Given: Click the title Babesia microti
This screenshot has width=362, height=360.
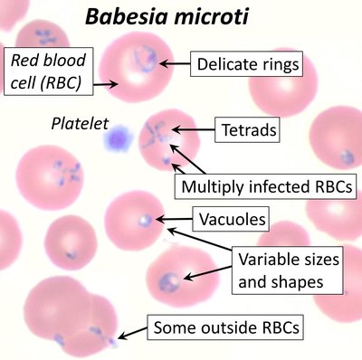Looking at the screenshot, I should pos(165,17).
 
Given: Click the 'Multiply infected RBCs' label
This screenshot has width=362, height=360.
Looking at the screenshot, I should pos(265,187).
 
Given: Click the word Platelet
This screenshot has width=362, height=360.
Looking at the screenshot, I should pos(79,121).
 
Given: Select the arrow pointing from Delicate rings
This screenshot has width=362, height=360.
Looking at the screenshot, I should pos(176,63).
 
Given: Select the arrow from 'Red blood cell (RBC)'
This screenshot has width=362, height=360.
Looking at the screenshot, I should pos(101,82).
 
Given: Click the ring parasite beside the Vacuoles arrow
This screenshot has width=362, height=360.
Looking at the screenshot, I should pos(146,219).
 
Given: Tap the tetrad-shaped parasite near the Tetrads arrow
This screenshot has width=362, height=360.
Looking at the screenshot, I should pos(157,137).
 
